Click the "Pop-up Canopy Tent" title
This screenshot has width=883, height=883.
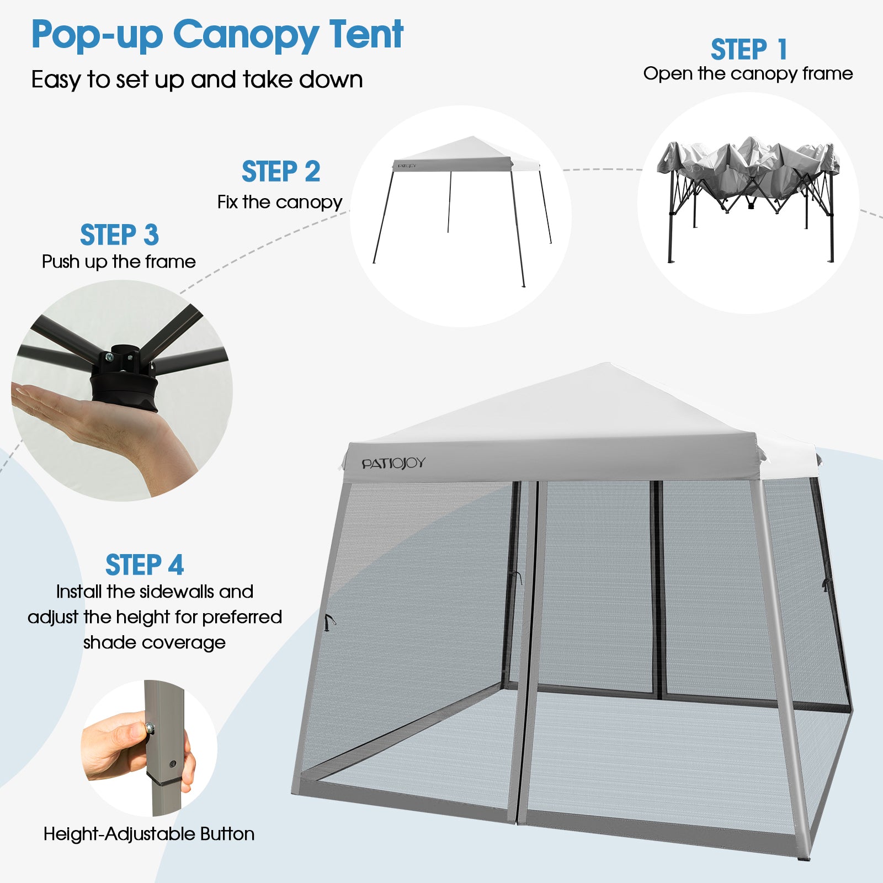(217, 35)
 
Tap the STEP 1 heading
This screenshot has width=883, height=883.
(748, 50)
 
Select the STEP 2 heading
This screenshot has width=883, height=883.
(281, 171)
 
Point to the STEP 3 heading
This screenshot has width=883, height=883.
(119, 235)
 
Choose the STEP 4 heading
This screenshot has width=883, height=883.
(145, 565)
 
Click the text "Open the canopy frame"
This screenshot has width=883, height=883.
(748, 73)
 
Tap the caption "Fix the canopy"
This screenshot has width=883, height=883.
(280, 202)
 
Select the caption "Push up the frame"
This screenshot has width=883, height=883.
(119, 261)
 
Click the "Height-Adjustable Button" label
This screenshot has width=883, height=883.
(149, 833)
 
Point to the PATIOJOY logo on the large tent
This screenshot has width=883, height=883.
(393, 464)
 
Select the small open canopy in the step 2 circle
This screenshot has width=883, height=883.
(462, 210)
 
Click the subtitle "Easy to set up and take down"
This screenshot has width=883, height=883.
(197, 79)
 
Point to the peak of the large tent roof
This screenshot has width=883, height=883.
(608, 363)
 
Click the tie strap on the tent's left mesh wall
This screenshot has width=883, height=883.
(329, 623)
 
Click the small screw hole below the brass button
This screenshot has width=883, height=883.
(173, 764)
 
